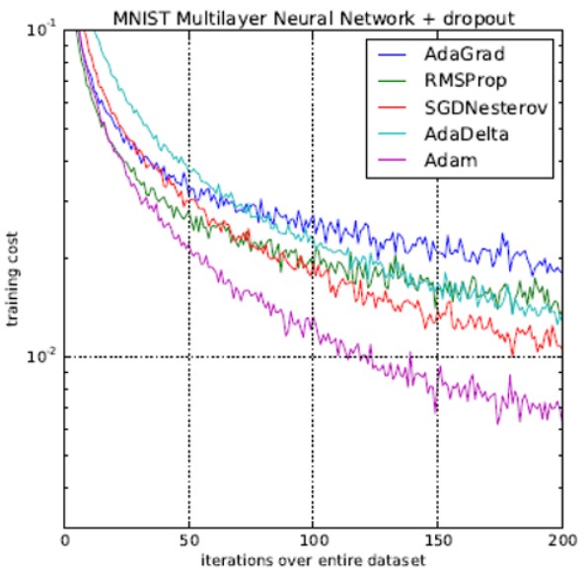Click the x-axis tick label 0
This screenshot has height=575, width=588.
click(64, 540)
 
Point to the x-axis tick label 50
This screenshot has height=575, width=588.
click(188, 540)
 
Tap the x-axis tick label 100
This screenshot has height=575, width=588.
click(313, 540)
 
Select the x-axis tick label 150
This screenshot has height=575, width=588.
click(437, 540)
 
